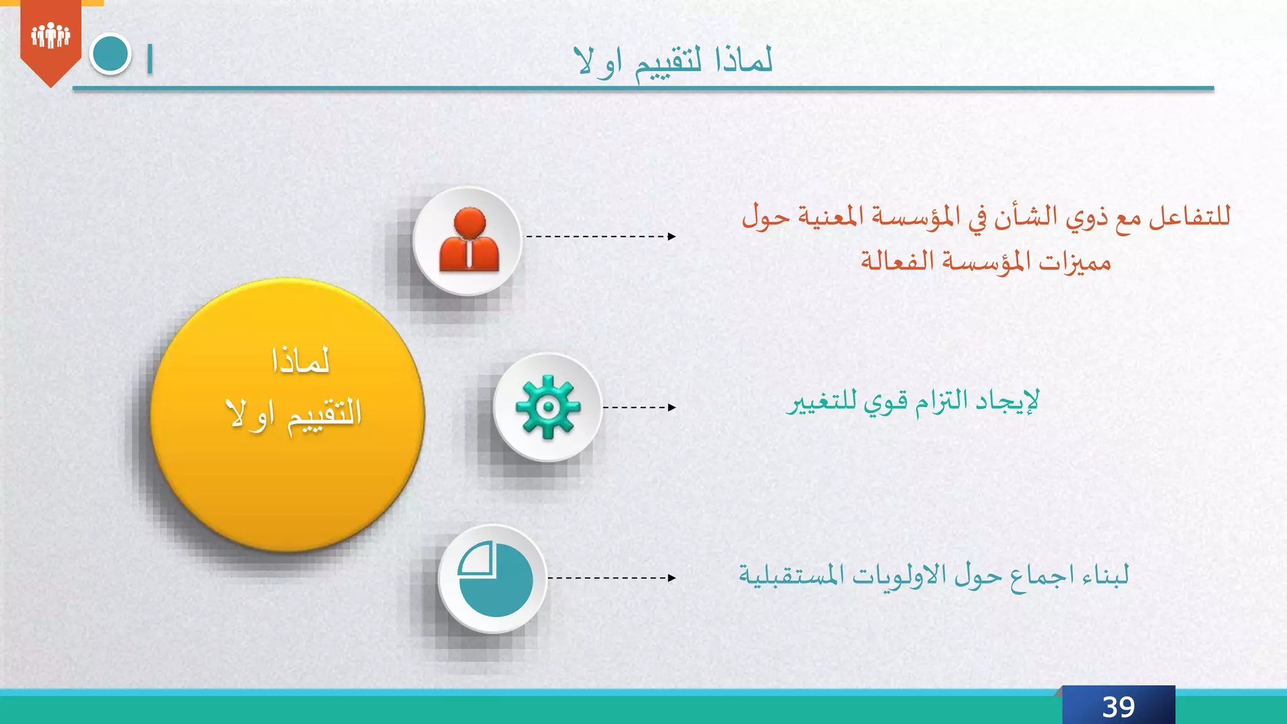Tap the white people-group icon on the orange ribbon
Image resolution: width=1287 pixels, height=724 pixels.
[x=50, y=35]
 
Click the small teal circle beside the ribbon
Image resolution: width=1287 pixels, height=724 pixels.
[x=110, y=54]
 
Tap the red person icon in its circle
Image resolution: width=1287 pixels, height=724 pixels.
[x=469, y=241]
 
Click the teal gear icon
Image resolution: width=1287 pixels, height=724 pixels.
[x=547, y=407]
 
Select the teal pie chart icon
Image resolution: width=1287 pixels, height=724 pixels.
[x=494, y=579]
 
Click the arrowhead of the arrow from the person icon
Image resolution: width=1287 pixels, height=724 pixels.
[x=672, y=237]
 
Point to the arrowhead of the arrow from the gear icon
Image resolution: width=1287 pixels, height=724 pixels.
[x=672, y=407]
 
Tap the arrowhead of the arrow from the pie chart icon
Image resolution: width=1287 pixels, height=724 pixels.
[x=672, y=578]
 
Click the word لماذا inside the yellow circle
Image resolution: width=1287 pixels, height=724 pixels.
[x=300, y=361]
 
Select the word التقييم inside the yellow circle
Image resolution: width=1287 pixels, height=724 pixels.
[x=324, y=415]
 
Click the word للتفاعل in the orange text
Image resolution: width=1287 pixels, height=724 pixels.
[x=1190, y=217]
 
